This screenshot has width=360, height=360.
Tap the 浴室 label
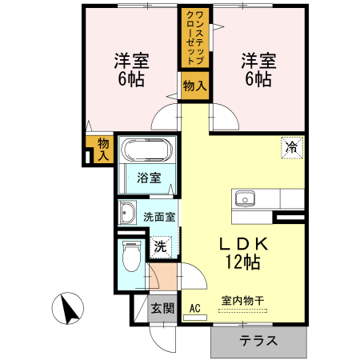(149, 178)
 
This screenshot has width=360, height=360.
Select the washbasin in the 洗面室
(127, 214)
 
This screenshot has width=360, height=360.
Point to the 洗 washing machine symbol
(161, 246)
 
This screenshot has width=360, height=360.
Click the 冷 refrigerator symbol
(292, 147)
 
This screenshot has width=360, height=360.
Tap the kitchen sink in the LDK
(243, 199)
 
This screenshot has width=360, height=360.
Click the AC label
(194, 307)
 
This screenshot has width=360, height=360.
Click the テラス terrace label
(258, 340)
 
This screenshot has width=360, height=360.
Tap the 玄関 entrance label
(162, 308)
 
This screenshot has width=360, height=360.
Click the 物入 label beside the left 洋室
(102, 150)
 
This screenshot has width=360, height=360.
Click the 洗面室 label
(159, 215)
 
